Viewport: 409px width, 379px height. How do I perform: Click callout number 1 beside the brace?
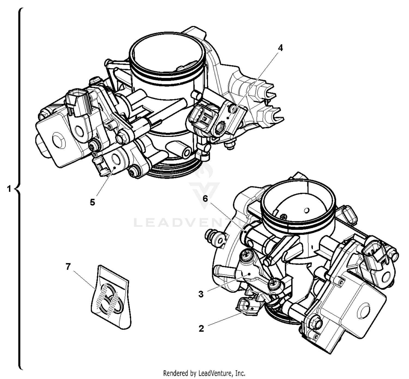(9, 189)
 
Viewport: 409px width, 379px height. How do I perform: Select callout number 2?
(201, 329)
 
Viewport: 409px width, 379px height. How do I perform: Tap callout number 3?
(201, 294)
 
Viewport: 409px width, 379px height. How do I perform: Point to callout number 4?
(280, 48)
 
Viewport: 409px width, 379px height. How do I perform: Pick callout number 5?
(92, 202)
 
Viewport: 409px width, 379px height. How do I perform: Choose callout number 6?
(205, 198)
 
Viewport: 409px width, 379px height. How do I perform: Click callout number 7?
(68, 266)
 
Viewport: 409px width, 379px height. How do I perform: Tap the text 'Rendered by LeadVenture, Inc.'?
(204, 373)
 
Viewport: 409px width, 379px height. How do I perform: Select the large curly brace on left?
(19, 188)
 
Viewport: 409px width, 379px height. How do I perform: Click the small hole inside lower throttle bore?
(306, 210)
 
